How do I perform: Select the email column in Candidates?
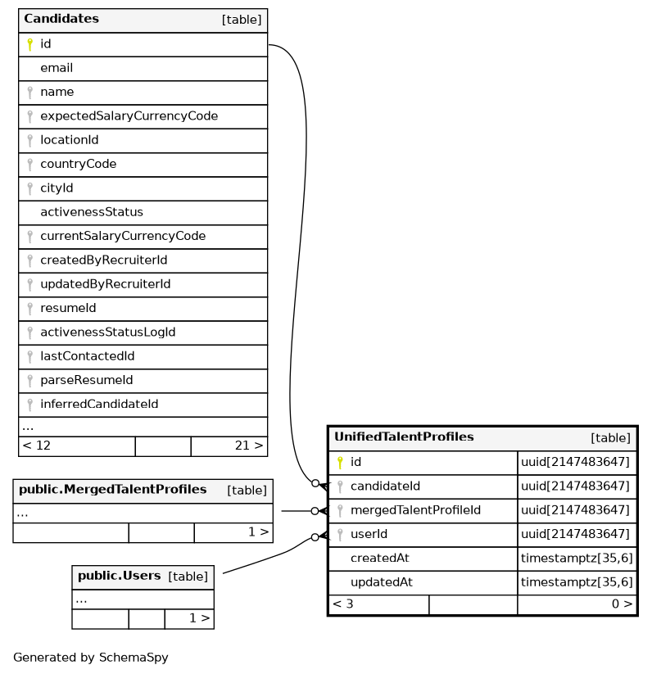[57, 68]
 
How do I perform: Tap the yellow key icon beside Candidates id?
[29, 44]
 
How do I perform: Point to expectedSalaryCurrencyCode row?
[129, 116]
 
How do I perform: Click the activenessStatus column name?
[91, 212]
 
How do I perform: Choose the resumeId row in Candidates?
[68, 308]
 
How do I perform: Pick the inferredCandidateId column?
[99, 404]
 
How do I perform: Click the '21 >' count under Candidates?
[248, 446]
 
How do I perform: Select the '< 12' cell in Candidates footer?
[37, 446]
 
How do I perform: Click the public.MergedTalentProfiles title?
[112, 490]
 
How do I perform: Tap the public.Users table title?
[119, 576]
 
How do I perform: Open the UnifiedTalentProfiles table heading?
[404, 437]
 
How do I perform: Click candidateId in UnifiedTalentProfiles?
[385, 486]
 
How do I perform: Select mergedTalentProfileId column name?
[415, 510]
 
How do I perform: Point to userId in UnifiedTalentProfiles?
[369, 534]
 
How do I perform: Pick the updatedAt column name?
[381, 582]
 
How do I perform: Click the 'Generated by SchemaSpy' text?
[90, 658]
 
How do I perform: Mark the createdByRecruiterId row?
[103, 260]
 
